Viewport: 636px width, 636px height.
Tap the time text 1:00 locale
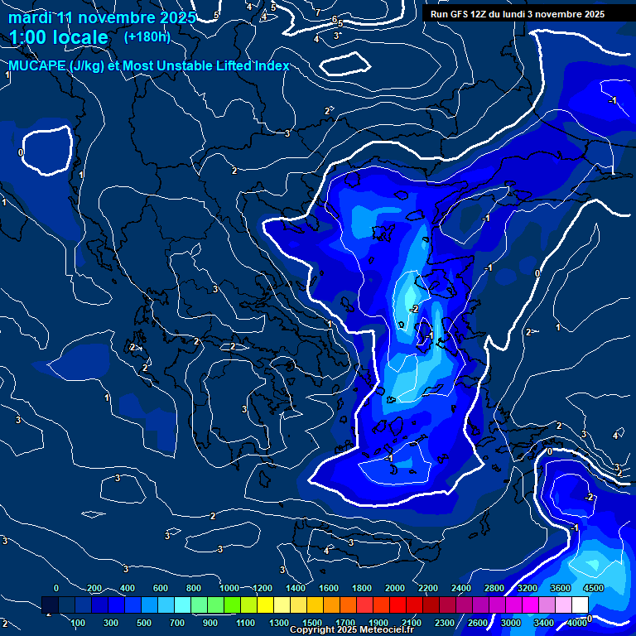coord(59,37)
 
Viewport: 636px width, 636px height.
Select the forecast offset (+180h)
coord(147,36)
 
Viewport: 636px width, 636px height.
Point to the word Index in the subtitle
coord(271,66)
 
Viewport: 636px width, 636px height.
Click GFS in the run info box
coord(460,14)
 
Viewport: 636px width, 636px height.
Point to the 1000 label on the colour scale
coord(229,588)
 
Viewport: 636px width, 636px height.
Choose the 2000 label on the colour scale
coord(395,588)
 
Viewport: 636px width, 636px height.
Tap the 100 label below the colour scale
coord(78,623)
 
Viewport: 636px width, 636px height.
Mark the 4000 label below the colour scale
coord(578,623)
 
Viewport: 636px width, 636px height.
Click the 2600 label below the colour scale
coord(478,623)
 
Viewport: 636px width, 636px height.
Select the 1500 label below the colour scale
coord(311,623)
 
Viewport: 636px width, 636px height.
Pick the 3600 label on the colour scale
coord(560,588)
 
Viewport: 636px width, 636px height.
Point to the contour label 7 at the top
coord(317,12)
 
